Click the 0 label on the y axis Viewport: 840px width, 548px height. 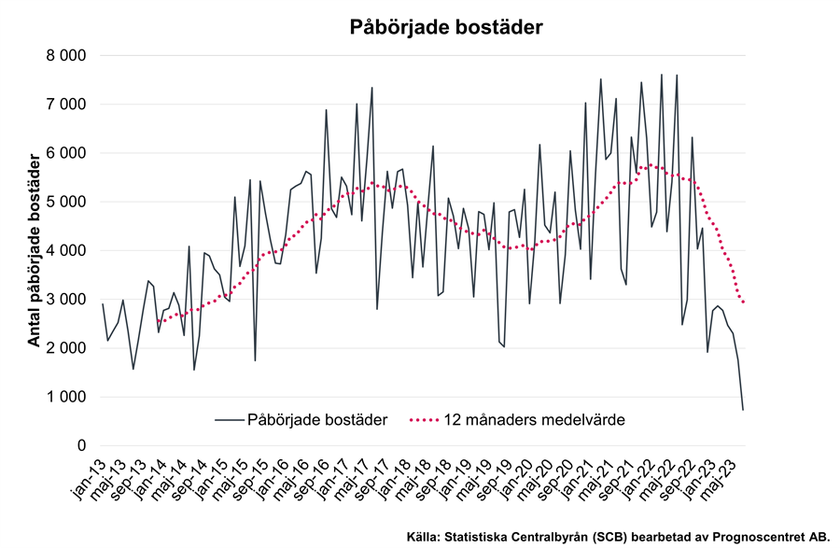[81, 445]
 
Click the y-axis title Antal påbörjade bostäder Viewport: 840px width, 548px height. [34, 252]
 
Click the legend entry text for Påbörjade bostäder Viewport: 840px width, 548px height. [317, 420]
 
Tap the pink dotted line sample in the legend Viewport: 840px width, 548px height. [432, 420]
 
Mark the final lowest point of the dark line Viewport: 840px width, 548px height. [744, 409]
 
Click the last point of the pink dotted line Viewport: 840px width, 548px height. [744, 302]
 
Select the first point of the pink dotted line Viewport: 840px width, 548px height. [160, 322]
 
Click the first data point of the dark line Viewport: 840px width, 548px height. [103, 304]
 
